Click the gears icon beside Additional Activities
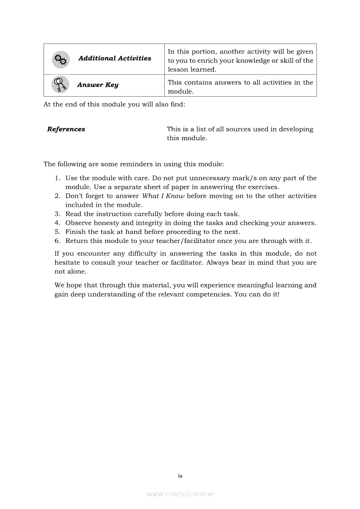61,60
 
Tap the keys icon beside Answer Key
60,84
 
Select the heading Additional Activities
115,58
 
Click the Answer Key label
98,85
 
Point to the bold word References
66,129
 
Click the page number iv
180,476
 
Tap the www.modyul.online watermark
180,494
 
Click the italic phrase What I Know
163,196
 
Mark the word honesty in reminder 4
105,223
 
